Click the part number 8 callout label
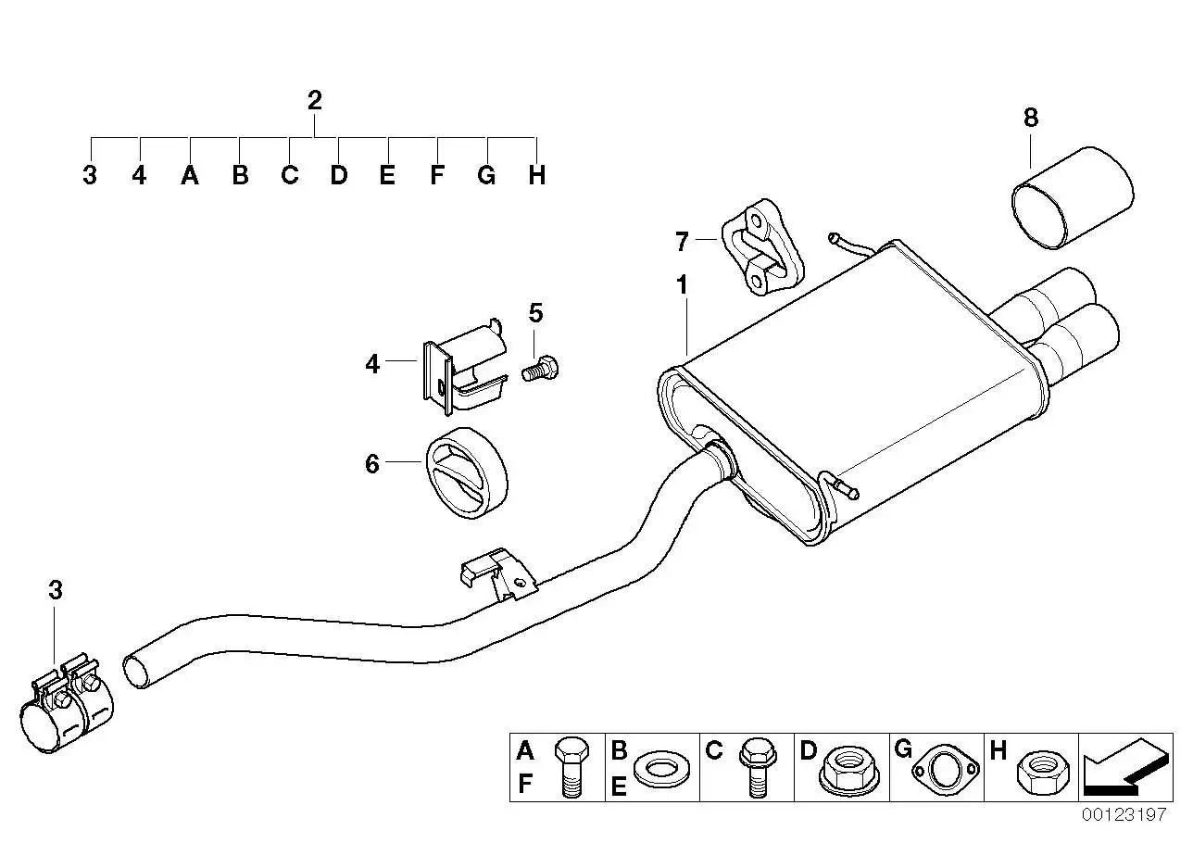pyautogui.click(x=1031, y=118)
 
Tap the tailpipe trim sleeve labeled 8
pyautogui.click(x=1073, y=197)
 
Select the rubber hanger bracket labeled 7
pyautogui.click(x=762, y=247)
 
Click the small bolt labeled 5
pyautogui.click(x=540, y=368)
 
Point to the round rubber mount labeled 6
pyautogui.click(x=467, y=472)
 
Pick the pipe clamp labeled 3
pyautogui.click(x=67, y=704)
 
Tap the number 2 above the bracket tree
pyautogui.click(x=315, y=100)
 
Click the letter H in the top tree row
pyautogui.click(x=537, y=175)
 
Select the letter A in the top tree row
pyautogui.click(x=190, y=175)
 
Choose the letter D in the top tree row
pyautogui.click(x=339, y=175)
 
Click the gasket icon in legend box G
pyautogui.click(x=946, y=770)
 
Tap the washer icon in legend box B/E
pyautogui.click(x=662, y=769)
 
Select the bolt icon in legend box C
pyautogui.click(x=758, y=767)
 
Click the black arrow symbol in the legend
pyautogui.click(x=1127, y=766)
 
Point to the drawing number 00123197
pyautogui.click(x=1124, y=814)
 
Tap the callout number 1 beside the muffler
pyautogui.click(x=683, y=285)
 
